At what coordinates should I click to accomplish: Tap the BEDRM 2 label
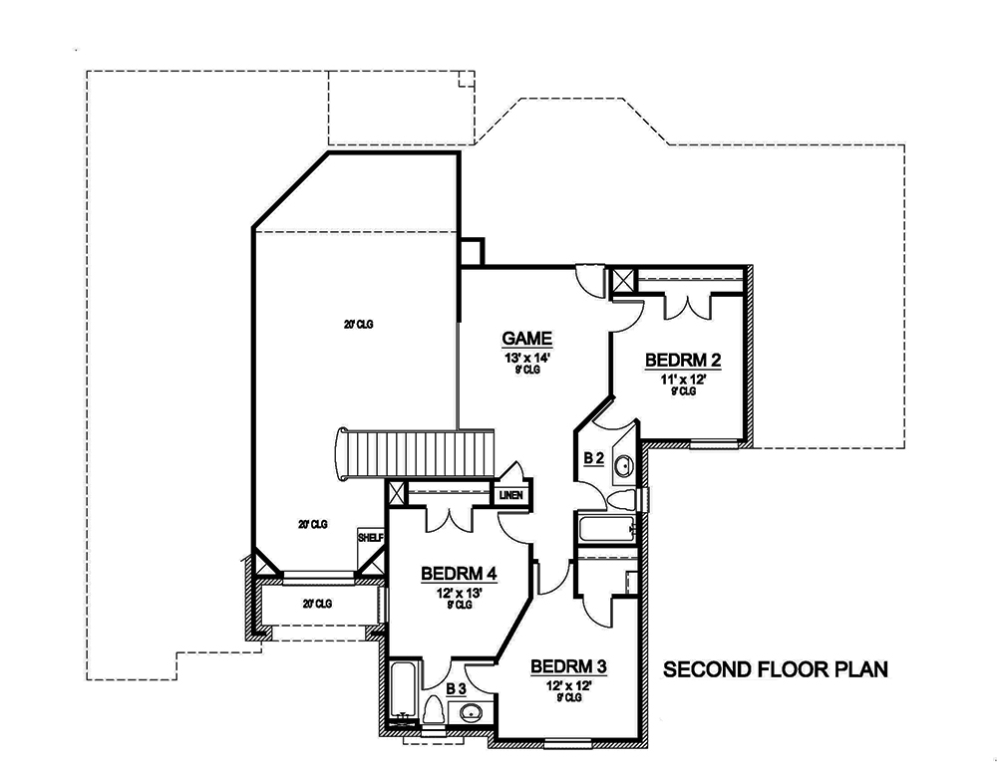click(x=684, y=360)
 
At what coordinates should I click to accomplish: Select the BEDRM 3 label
click(x=568, y=666)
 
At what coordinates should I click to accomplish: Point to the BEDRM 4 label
click(x=459, y=574)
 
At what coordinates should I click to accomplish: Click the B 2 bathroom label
click(x=593, y=458)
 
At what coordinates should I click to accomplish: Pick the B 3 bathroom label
click(x=456, y=688)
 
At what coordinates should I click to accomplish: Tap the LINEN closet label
click(x=513, y=495)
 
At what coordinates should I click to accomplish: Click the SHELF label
click(x=370, y=538)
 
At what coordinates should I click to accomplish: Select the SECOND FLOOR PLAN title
click(x=775, y=668)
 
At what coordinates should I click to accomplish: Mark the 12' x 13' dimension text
click(x=459, y=592)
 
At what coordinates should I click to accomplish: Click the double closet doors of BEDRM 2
click(x=688, y=307)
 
